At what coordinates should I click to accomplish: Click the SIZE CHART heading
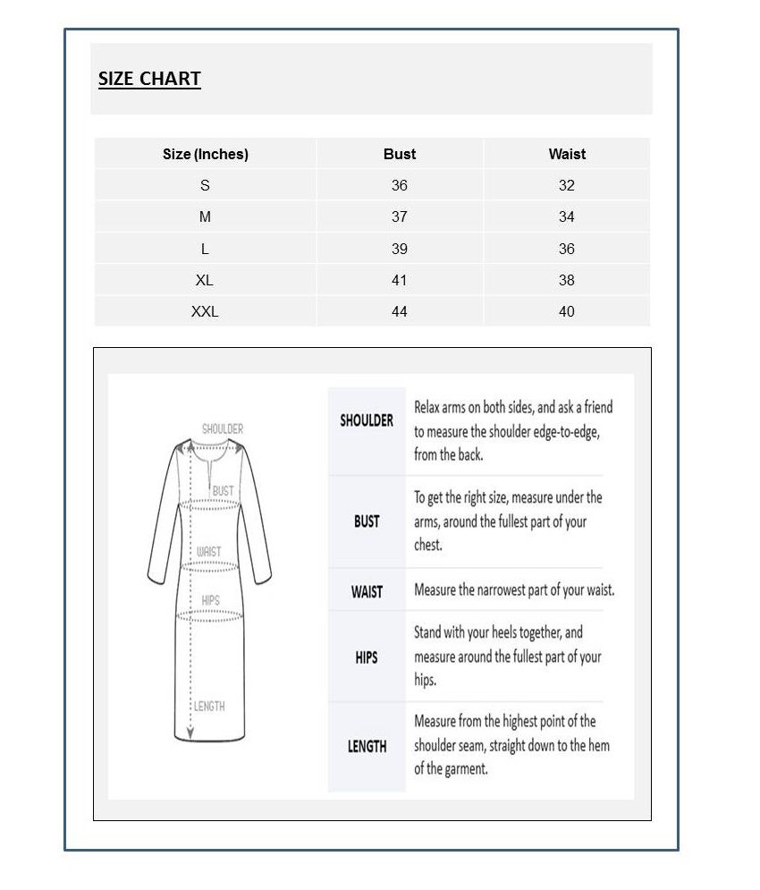click(149, 79)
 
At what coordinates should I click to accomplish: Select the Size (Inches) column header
click(205, 154)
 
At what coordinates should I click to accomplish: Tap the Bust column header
click(399, 154)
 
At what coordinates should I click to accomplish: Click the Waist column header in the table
click(567, 154)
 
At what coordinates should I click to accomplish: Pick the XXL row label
click(205, 311)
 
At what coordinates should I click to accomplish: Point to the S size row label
click(205, 185)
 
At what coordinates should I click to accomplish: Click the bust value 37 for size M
click(399, 216)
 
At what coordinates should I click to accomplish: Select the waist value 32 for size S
click(567, 185)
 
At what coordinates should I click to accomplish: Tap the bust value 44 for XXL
click(399, 311)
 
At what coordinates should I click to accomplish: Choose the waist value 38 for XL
click(567, 280)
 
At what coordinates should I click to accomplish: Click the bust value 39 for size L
click(399, 249)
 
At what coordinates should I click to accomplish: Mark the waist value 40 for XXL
click(567, 311)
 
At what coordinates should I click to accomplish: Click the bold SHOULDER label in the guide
click(367, 420)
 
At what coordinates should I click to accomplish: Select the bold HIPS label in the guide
click(367, 657)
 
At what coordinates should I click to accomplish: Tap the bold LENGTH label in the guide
click(367, 746)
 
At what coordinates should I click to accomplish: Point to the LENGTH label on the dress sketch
click(209, 707)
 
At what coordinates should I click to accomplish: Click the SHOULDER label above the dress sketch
click(223, 429)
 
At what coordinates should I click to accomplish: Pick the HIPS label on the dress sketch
click(210, 600)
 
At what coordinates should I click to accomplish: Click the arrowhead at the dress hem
click(189, 735)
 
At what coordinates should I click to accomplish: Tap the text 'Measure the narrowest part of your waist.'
click(514, 590)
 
